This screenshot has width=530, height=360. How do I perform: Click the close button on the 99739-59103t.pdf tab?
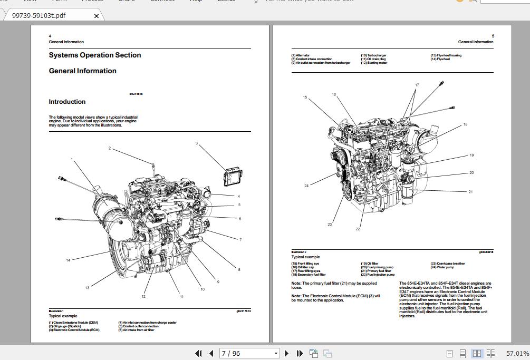(x=96, y=16)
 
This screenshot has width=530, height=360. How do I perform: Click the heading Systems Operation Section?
(x=95, y=55)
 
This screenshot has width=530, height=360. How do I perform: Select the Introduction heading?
(x=67, y=102)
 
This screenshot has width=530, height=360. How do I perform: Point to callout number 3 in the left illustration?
(x=197, y=143)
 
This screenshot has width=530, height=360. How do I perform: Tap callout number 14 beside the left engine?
(x=68, y=260)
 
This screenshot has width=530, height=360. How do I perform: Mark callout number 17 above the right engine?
(x=417, y=85)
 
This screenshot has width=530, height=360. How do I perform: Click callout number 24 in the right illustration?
(x=306, y=186)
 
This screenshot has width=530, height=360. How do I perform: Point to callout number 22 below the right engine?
(x=358, y=229)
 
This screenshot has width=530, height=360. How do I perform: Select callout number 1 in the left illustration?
(x=72, y=159)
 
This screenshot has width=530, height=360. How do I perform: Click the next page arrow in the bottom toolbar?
(x=286, y=353)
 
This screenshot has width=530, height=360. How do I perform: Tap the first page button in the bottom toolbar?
(x=198, y=353)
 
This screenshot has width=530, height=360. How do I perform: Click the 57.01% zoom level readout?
(x=517, y=353)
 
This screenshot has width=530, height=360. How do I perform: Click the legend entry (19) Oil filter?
(x=369, y=264)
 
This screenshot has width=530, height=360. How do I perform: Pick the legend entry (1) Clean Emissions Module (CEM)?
(x=73, y=323)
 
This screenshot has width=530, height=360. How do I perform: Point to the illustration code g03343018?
(x=486, y=252)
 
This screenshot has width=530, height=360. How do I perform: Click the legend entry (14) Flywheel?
(x=440, y=59)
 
